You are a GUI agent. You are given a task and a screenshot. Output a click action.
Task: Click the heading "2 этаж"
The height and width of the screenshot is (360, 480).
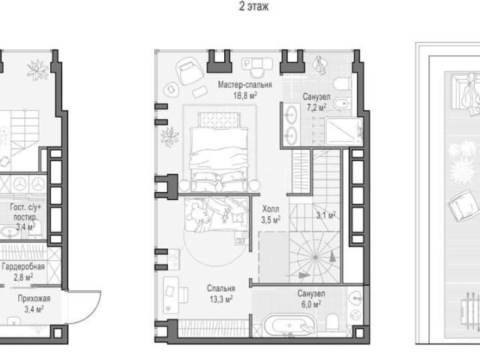point(253,6)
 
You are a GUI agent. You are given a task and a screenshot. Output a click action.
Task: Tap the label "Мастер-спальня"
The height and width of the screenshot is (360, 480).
point(245,85)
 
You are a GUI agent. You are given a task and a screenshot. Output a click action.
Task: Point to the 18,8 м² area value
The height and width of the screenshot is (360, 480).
point(245,96)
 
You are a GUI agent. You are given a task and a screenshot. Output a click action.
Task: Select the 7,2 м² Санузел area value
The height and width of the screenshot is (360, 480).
point(316,107)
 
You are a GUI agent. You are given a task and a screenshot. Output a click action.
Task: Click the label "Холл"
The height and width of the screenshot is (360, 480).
point(271,209)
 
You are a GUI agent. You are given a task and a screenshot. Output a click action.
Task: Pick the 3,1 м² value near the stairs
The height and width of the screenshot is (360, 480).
point(325,215)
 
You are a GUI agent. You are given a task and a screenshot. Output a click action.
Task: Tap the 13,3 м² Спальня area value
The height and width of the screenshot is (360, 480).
point(220,299)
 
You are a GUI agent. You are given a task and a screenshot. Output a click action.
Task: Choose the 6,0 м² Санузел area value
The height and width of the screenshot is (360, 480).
point(311,304)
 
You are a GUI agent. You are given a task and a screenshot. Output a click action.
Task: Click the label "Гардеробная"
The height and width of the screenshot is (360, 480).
point(23,267)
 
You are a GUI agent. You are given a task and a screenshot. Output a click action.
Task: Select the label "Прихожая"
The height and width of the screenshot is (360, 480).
point(34,298)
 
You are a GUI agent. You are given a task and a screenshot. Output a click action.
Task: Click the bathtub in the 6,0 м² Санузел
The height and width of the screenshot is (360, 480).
point(289,326)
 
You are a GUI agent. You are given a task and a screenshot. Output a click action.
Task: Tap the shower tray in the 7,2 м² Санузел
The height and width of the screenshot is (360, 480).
point(343,132)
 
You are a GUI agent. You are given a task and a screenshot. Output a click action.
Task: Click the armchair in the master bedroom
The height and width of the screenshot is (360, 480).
point(190,71)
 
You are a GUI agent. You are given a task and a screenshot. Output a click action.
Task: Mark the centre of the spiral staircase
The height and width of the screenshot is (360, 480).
point(315,257)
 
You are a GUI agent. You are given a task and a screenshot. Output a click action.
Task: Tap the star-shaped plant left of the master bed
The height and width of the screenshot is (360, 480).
point(169,136)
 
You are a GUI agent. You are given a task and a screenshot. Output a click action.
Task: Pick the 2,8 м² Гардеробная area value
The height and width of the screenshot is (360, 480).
point(23,277)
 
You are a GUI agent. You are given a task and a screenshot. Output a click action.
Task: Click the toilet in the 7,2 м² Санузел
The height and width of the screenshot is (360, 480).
point(342,83)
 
